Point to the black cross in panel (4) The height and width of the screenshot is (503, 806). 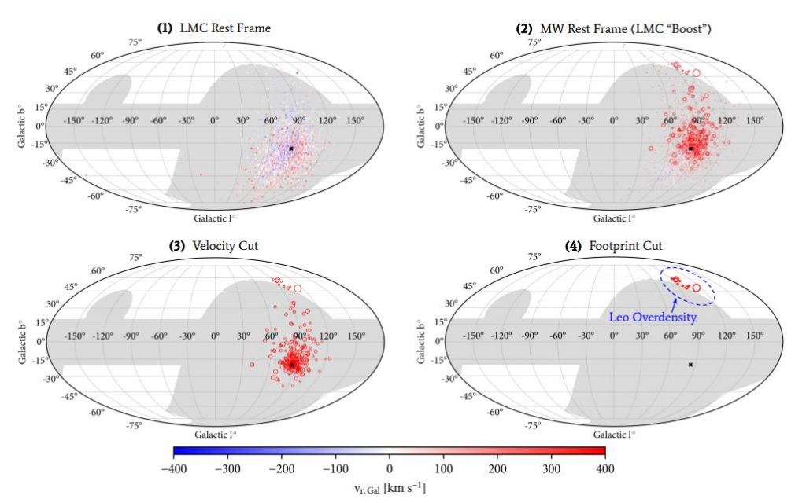pos(690,365)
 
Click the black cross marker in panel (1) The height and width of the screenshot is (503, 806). pos(290,148)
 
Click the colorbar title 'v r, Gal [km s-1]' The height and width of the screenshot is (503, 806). pos(389,487)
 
